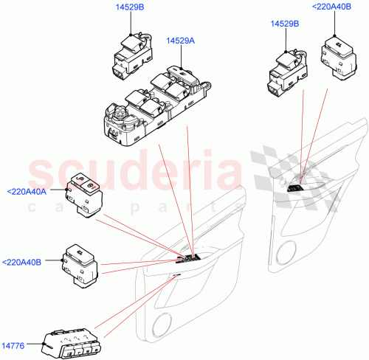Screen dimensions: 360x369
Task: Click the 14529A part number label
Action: (x=181, y=41)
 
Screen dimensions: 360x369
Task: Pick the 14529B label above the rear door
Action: (x=285, y=24)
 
